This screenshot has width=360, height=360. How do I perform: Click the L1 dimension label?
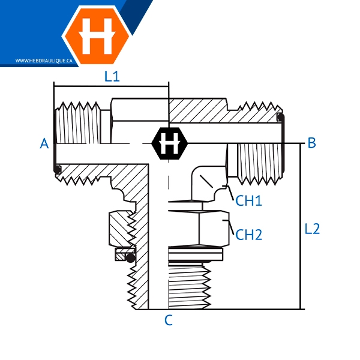tap(112, 76)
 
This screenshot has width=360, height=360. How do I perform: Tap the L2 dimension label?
tap(312, 229)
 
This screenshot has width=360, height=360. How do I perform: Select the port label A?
tap(44, 143)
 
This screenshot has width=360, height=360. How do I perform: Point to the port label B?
tap(311, 143)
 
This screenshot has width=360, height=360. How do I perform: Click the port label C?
tap(169, 320)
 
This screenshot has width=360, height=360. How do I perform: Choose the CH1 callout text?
tap(248, 200)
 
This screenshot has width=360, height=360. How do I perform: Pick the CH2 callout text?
tap(248, 235)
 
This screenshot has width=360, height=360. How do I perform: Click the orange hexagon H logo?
tap(97, 35)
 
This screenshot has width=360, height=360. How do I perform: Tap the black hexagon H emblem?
tap(169, 143)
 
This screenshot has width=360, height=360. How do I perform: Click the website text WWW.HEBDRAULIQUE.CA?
tap(44, 61)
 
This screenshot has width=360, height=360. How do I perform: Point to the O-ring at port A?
tap(58, 170)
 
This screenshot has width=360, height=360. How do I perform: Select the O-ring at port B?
tap(280, 117)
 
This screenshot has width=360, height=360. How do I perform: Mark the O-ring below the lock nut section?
tap(131, 257)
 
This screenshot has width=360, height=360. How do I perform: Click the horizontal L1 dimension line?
tap(112, 86)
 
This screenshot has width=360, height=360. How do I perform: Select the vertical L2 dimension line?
tap(300, 226)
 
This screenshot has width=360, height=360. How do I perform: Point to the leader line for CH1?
tap(230, 193)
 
